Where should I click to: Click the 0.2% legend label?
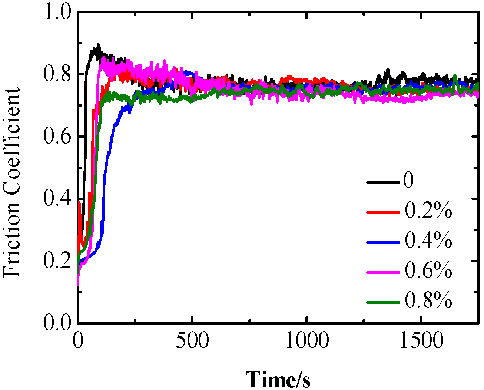428,211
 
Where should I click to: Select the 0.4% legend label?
428,241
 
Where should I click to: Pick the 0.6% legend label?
428,271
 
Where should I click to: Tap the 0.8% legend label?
428,301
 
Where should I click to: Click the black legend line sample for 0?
383,182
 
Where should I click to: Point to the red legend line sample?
383,212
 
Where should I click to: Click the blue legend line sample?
383,242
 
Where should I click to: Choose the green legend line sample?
383,302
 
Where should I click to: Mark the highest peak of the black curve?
98,44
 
